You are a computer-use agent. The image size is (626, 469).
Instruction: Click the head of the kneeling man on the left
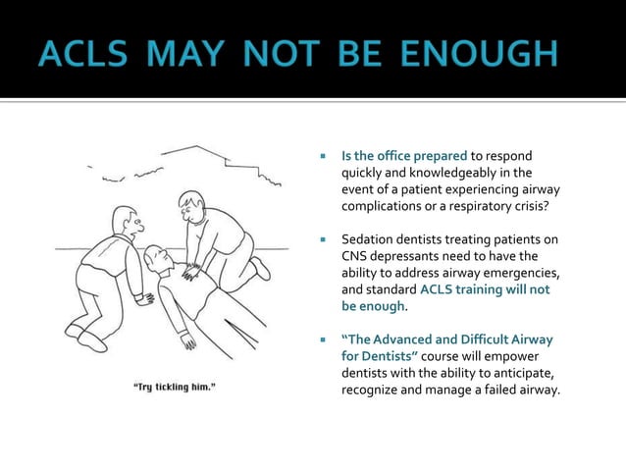click(125, 221)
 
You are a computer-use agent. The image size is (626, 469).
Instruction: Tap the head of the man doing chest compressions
click(191, 208)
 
